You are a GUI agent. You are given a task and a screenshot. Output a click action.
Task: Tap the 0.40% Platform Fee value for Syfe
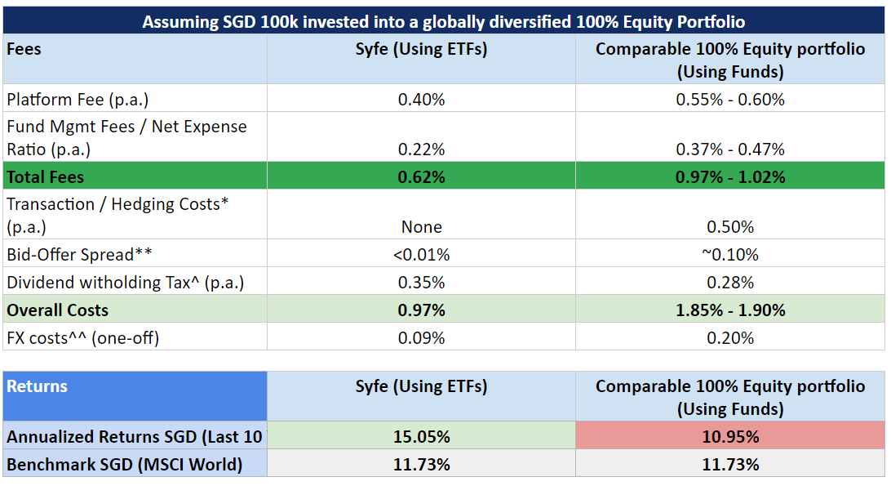pos(421,100)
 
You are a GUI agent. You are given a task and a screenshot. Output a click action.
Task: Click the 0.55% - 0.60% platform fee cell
pos(730,100)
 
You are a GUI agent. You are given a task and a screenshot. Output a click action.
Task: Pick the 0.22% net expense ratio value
pos(421,149)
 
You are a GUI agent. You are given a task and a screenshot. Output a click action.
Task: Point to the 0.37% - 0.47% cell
pos(730,149)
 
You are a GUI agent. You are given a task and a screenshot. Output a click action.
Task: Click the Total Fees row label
pos(46,176)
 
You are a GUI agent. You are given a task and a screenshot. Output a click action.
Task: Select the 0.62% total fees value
pos(421,176)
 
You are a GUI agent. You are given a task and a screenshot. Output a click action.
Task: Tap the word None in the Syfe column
pos(421,227)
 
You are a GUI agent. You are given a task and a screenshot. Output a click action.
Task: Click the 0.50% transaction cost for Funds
pos(730,227)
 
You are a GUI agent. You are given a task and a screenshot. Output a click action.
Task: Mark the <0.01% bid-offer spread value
pos(421,255)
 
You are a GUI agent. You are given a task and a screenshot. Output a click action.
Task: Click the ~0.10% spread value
pos(730,255)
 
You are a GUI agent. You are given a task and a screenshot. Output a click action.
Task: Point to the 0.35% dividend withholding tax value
pos(421,283)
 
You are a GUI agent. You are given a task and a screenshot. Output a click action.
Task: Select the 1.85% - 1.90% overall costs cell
pos(730,310)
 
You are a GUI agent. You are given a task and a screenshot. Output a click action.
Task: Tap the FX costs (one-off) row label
pos(82,337)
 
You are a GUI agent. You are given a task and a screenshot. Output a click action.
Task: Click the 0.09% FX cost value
pos(421,337)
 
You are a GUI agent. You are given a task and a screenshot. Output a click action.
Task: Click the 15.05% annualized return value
pos(421,437)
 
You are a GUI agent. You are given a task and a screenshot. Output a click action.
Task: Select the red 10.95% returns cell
pos(730,437)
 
